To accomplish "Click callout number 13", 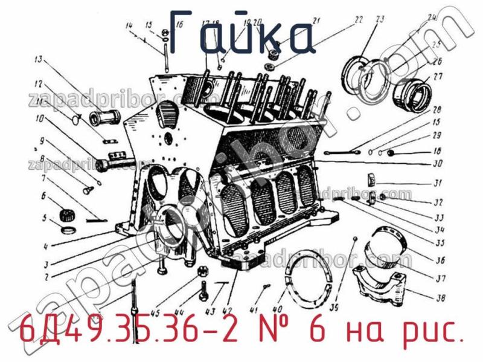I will [x=38, y=60].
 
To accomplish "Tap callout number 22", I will [x=359, y=20].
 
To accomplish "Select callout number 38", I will [x=440, y=298].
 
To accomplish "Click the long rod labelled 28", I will [x=342, y=152].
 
